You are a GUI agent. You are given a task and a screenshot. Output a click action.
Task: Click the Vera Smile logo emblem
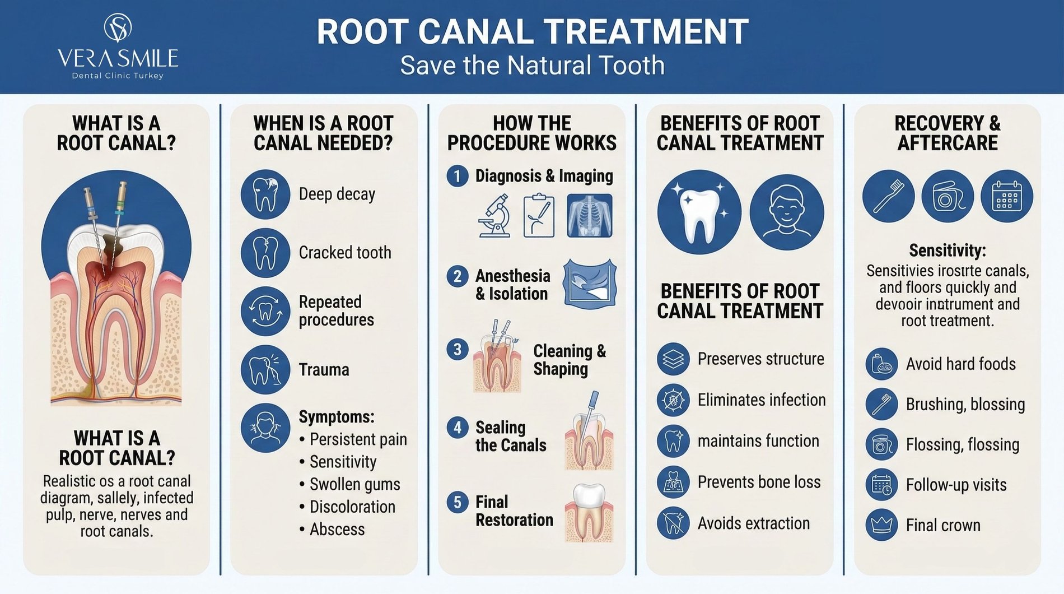click(118, 28)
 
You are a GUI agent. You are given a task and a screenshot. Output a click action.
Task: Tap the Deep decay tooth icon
click(265, 194)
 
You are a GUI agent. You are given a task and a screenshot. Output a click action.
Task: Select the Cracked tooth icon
click(265, 253)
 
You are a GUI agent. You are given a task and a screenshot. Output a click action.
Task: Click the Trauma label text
click(324, 370)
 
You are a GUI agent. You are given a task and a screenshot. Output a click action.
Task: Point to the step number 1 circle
click(458, 176)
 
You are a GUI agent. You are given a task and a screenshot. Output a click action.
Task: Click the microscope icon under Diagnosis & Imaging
click(493, 216)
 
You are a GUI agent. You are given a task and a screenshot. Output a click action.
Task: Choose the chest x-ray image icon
click(590, 216)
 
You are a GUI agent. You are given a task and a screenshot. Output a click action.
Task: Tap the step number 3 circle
click(458, 349)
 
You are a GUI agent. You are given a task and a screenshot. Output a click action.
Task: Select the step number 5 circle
click(458, 502)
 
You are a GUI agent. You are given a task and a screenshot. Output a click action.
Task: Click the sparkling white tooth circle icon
click(699, 212)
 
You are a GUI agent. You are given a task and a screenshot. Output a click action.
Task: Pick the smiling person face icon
click(787, 212)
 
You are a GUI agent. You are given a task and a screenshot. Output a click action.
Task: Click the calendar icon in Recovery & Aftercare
click(1007, 196)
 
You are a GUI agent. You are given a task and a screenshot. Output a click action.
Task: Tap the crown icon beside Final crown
click(881, 525)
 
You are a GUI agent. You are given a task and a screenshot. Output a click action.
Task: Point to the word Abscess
click(337, 530)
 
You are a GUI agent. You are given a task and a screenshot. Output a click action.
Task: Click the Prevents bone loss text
click(759, 482)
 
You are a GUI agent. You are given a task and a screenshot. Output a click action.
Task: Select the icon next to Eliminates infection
click(673, 400)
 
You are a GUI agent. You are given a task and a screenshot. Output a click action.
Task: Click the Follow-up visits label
click(956, 485)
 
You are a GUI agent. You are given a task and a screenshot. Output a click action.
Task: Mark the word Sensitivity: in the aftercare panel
click(948, 250)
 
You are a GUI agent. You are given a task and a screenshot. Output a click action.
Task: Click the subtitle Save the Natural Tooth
click(532, 66)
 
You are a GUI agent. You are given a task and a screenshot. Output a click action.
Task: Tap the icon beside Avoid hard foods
click(881, 364)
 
